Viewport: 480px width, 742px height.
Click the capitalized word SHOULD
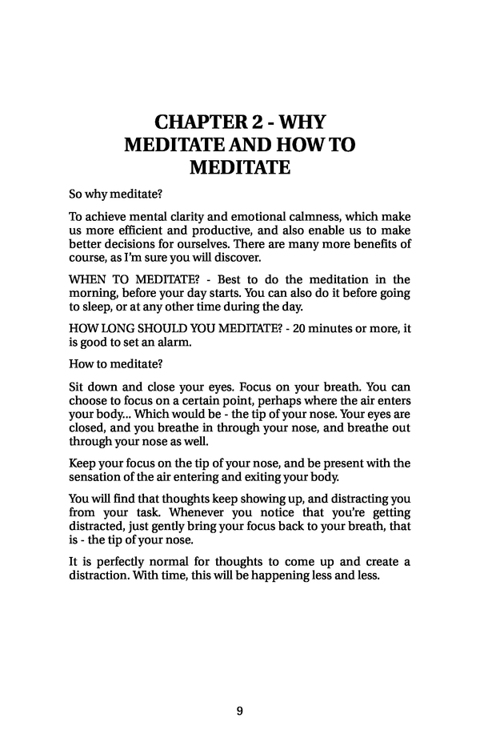(x=152, y=329)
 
